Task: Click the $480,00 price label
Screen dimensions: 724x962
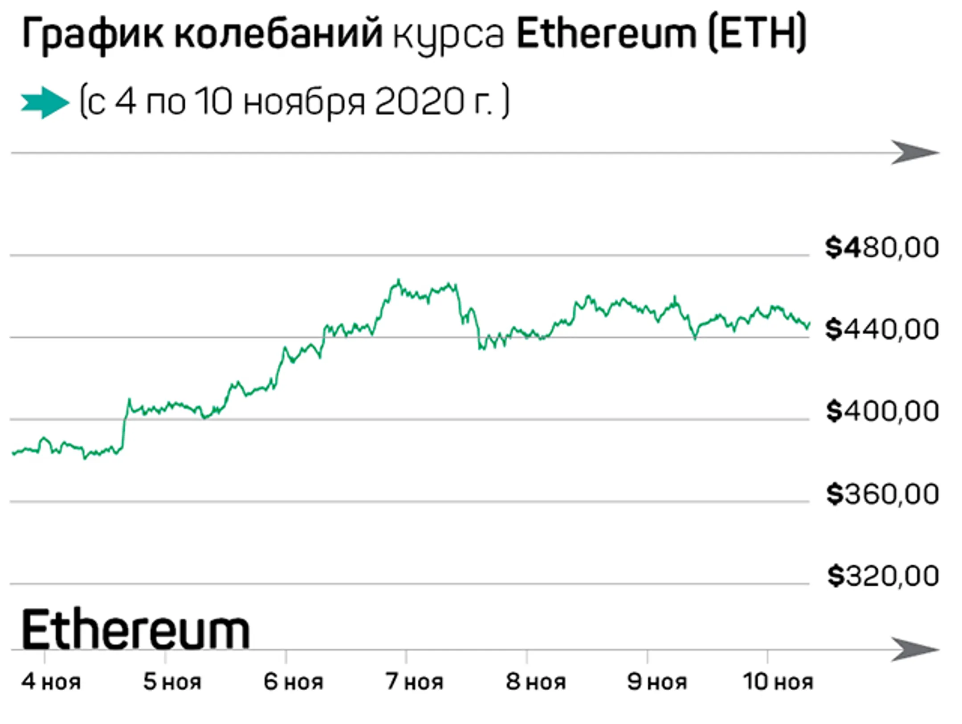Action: point(882,248)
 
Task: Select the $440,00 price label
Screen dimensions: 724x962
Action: point(882,330)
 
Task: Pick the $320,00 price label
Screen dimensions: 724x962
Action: point(883,576)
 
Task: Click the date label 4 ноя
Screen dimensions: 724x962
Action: point(51,682)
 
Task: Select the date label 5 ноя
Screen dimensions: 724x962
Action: point(172,682)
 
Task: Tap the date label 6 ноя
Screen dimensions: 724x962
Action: point(293,682)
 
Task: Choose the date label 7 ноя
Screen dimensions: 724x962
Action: point(414,682)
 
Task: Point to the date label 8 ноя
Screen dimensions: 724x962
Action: point(535,682)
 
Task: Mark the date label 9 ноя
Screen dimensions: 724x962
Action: point(657,682)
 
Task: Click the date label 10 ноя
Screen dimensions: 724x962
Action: point(778,682)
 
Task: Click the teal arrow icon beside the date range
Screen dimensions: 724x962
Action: point(45,103)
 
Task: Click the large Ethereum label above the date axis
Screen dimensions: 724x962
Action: point(136,630)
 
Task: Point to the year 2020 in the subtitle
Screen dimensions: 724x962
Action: point(419,102)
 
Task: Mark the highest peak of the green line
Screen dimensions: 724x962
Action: point(399,280)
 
